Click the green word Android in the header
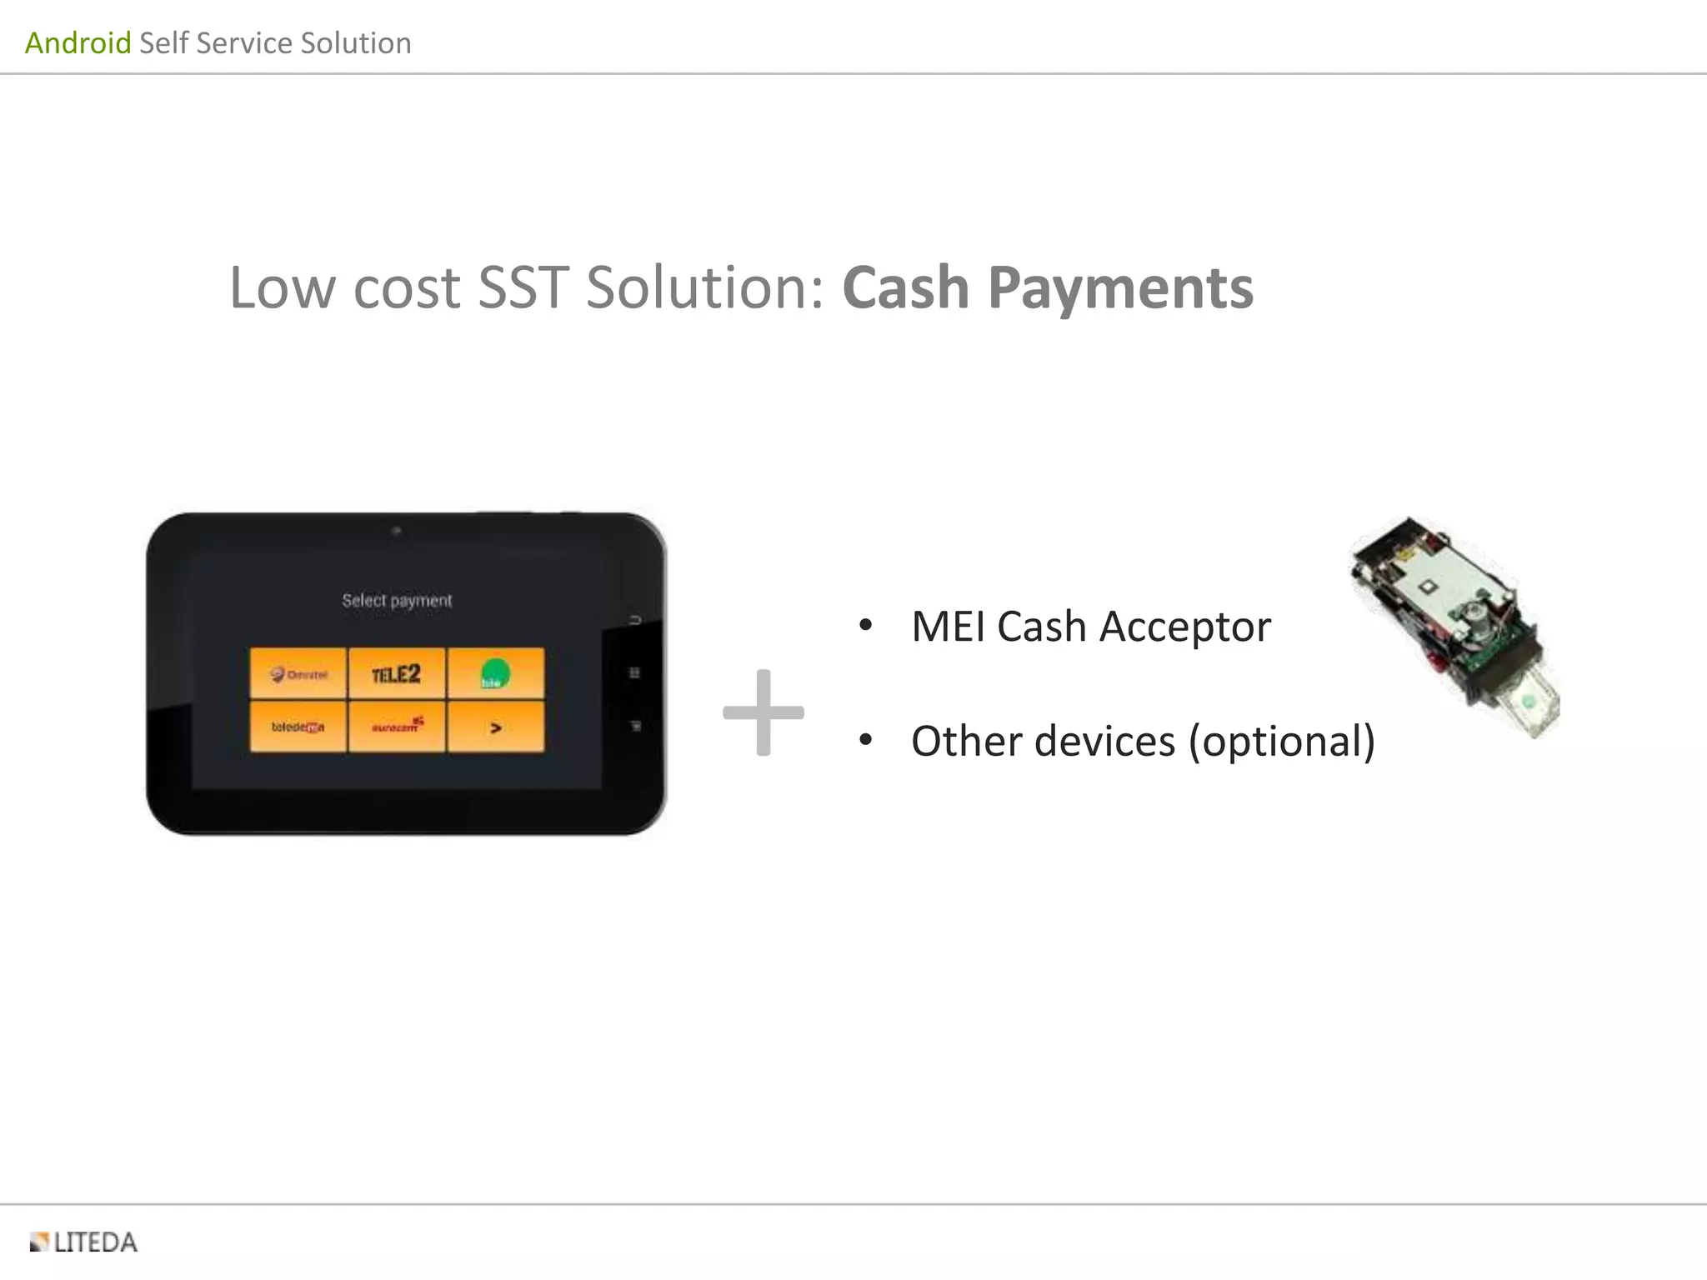[x=78, y=42]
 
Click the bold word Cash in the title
[x=905, y=287]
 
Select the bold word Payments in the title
[x=1120, y=289]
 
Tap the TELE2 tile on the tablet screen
[x=397, y=673]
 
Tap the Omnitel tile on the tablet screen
[x=298, y=673]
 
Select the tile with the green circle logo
[x=495, y=673]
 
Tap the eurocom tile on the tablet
[x=397, y=727]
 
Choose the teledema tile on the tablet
[x=298, y=727]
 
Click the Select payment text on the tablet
[x=397, y=600]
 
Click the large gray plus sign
[x=763, y=712]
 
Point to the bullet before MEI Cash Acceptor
[x=865, y=625]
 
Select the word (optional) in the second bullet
[x=1281, y=742]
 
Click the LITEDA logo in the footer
[x=83, y=1242]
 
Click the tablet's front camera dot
[x=397, y=530]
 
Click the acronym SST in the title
[x=523, y=287]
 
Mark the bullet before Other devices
[x=865, y=740]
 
